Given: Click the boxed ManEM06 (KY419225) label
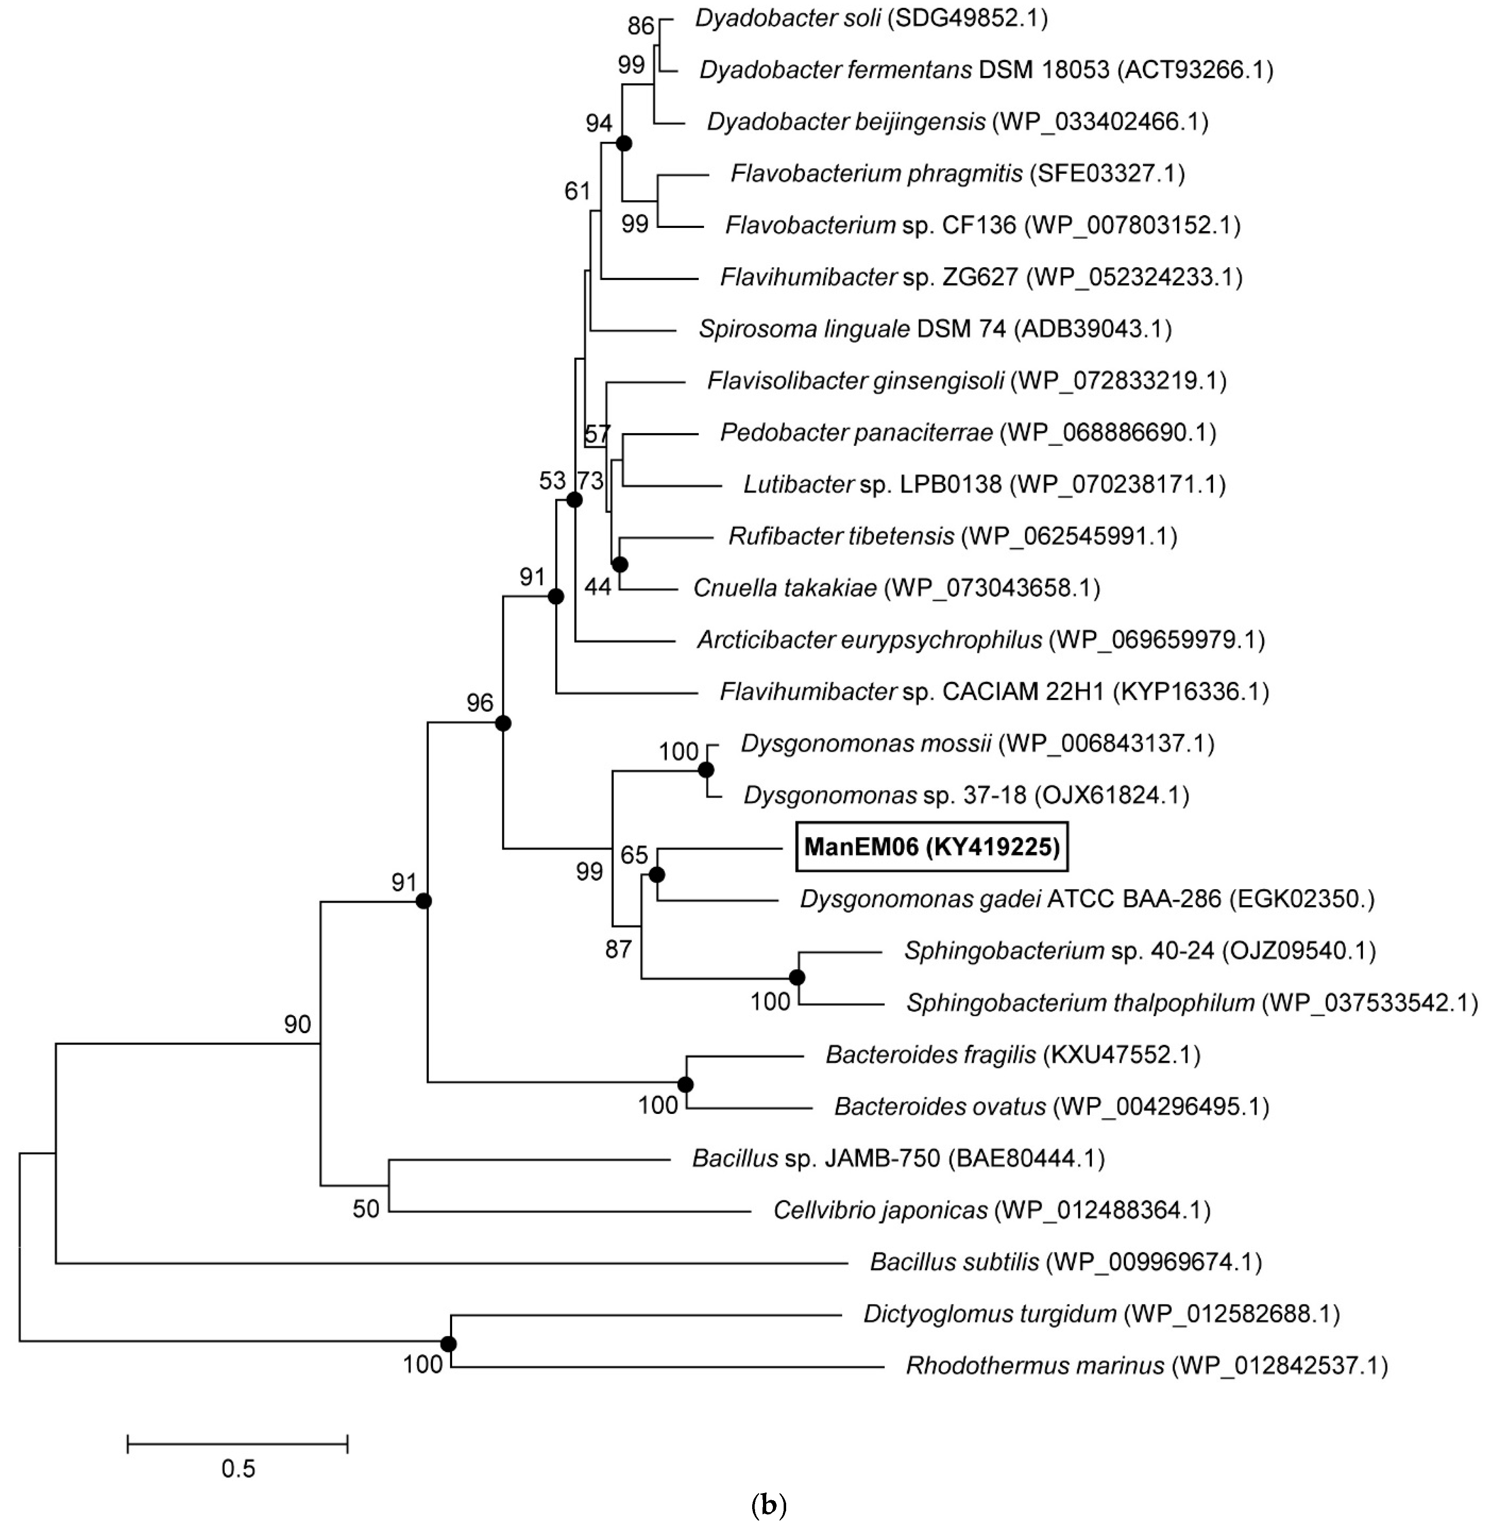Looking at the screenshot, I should (932, 847).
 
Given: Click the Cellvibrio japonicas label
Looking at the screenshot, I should (991, 1210).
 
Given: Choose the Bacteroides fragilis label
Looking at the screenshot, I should (1012, 1055).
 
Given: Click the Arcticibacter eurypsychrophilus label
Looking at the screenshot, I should (980, 639).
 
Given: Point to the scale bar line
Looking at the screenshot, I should (237, 1444).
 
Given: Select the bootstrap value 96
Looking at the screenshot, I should (479, 702).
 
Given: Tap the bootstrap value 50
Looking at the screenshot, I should (366, 1208).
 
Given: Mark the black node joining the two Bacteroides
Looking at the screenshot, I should (685, 1085).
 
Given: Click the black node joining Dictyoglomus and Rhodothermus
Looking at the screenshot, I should (448, 1344).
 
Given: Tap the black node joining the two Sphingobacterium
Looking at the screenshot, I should (797, 978).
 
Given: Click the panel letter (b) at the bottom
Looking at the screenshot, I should (769, 1506).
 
